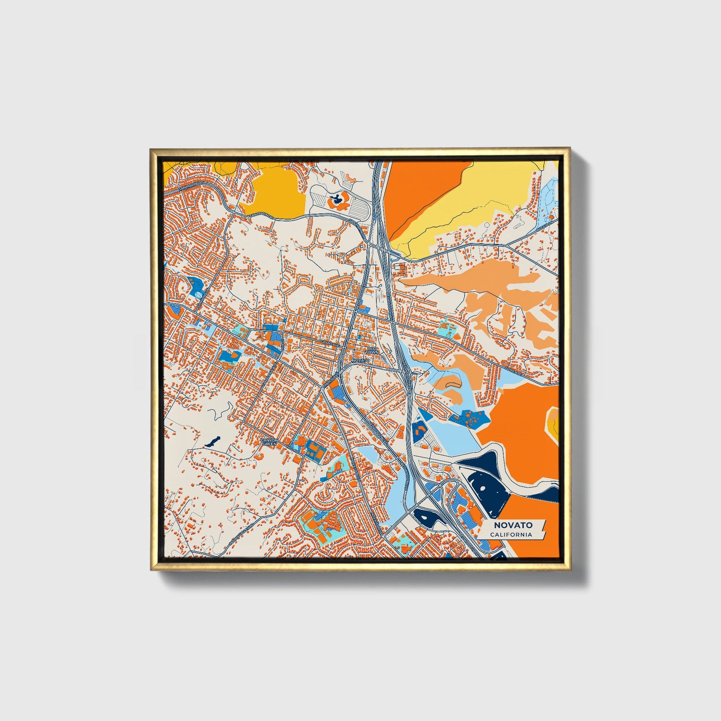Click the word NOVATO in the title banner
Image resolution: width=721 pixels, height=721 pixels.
[513, 525]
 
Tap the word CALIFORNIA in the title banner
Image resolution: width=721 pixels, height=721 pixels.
[510, 534]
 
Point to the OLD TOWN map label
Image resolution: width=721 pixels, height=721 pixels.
[373, 350]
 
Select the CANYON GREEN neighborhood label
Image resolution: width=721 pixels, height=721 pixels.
[269, 442]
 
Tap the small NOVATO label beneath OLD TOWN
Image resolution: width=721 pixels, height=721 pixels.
[360, 360]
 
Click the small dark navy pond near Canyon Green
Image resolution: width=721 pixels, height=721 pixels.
[213, 441]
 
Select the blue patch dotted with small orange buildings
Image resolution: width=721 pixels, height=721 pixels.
[468, 418]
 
